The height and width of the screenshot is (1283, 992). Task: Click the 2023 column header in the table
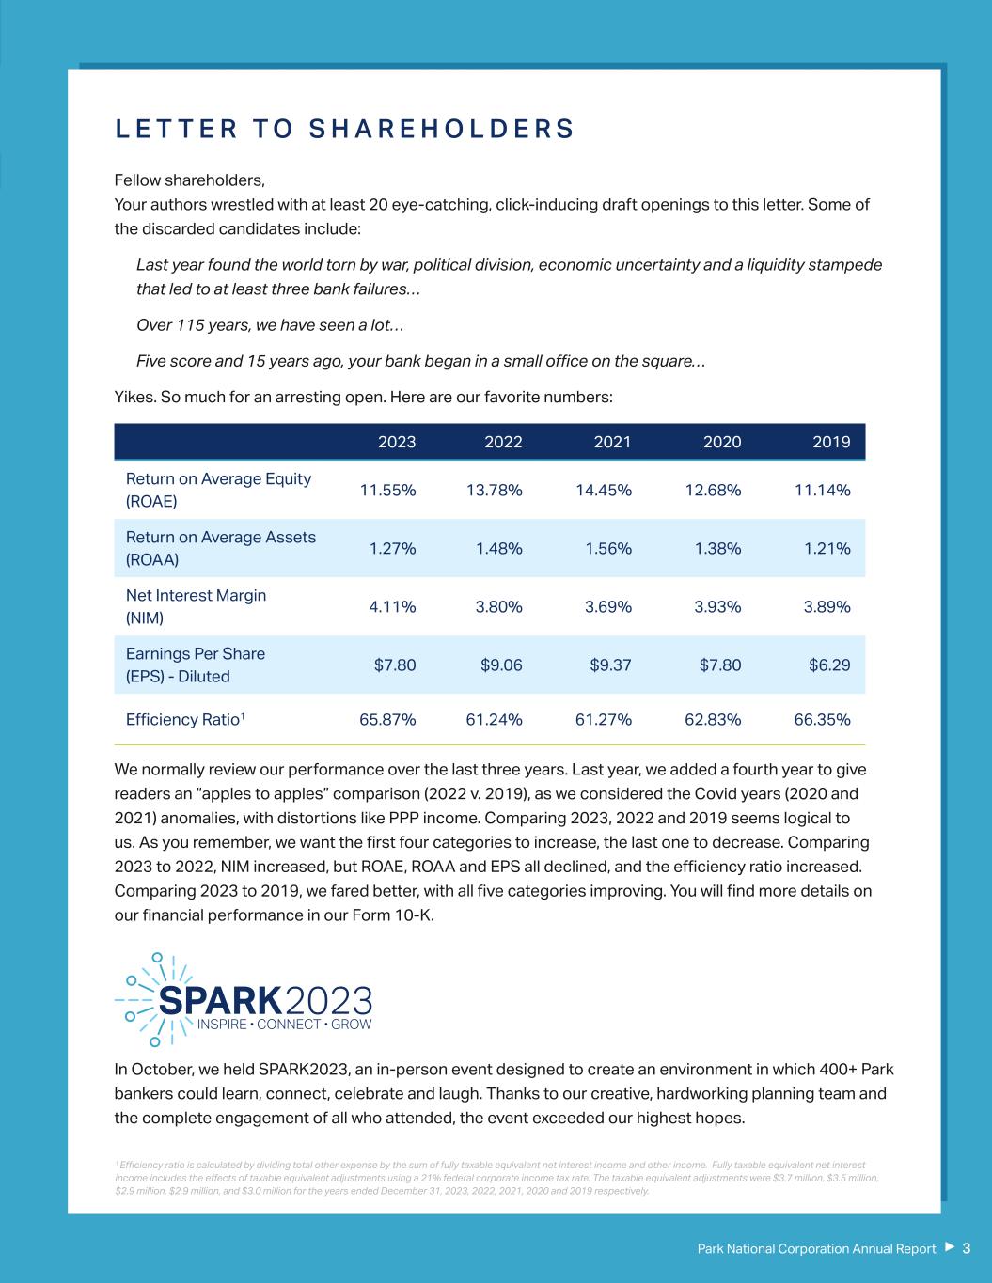(x=396, y=442)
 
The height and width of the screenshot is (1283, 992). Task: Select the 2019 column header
(x=831, y=442)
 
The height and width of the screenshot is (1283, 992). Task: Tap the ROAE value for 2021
(x=603, y=490)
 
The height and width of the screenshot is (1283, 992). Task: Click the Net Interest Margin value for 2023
(x=392, y=606)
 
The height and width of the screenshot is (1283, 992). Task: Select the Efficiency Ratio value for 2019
(x=822, y=719)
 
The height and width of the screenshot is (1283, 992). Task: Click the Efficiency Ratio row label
(x=185, y=719)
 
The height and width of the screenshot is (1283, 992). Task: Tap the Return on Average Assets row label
(x=220, y=548)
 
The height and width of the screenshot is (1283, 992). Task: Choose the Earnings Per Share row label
(x=195, y=665)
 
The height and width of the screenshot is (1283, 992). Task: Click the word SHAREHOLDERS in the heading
(x=441, y=129)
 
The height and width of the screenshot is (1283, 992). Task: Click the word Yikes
(x=134, y=397)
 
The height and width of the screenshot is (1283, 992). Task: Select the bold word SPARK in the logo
(x=220, y=999)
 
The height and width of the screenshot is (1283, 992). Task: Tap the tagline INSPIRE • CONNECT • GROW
(x=284, y=1024)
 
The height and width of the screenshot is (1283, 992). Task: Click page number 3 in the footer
(x=966, y=1248)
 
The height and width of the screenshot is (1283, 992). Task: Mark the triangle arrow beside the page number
(x=949, y=1247)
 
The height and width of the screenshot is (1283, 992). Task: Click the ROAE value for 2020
(x=712, y=490)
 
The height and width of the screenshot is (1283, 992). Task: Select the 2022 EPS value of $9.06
(x=501, y=665)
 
